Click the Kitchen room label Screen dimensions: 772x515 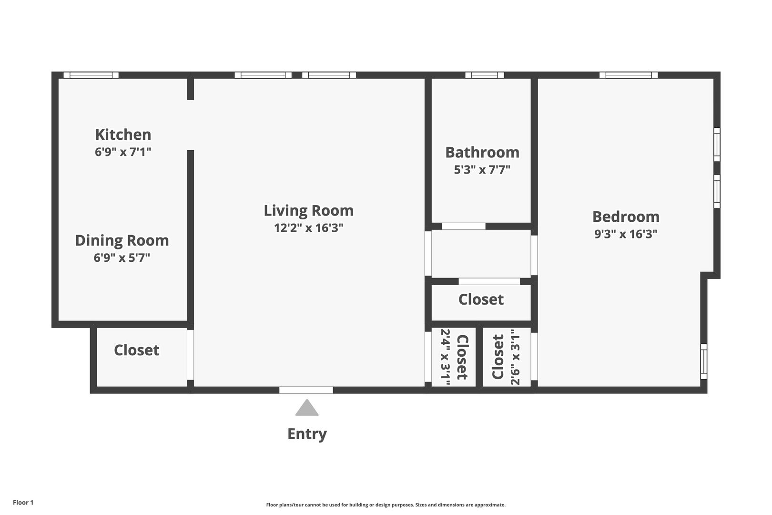coord(123,134)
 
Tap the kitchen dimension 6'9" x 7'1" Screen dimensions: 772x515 coord(123,152)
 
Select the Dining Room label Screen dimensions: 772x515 coord(122,240)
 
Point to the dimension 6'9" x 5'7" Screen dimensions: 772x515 coord(122,257)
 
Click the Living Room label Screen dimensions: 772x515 coord(309,211)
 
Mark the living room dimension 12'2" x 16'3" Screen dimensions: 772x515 coord(309,228)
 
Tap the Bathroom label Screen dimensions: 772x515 coord(482,153)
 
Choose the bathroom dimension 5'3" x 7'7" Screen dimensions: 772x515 coord(482,170)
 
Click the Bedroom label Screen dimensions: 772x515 coord(626,217)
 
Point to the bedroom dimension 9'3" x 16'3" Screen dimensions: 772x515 coord(626,234)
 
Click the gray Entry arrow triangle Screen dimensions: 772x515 coord(307,408)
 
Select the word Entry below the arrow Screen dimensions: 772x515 coord(307,434)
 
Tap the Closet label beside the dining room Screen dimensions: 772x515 coord(136,350)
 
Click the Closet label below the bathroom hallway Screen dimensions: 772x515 coord(481,299)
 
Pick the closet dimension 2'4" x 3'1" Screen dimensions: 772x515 coord(446,357)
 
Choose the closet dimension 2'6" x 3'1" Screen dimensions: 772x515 coord(515,357)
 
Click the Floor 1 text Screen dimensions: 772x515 coord(23,503)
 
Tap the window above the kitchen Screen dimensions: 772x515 coord(91,75)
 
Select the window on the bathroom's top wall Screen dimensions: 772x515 coord(484,75)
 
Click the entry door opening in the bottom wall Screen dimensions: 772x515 coord(306,390)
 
